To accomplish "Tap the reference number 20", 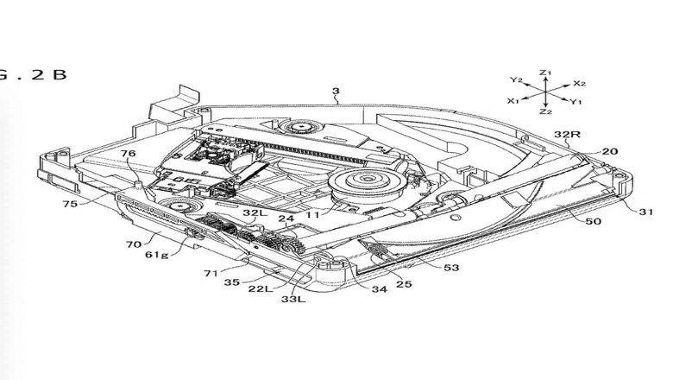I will (x=610, y=151).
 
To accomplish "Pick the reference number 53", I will (x=451, y=269).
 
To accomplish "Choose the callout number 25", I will (x=402, y=284).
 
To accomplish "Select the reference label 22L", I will (x=260, y=288).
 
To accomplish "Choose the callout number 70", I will (x=133, y=244).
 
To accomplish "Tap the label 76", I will (x=129, y=154).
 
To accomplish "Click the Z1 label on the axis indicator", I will (x=544, y=73).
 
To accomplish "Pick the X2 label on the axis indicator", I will (x=579, y=83).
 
